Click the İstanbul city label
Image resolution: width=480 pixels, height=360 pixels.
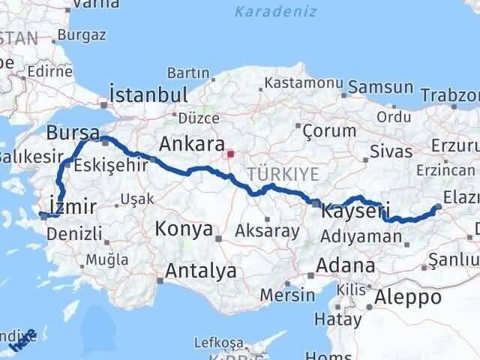pos(148,94)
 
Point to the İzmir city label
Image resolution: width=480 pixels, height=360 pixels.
pos(70,205)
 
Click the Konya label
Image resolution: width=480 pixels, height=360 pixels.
pos(183,229)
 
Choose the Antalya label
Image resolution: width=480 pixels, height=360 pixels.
pos(202,270)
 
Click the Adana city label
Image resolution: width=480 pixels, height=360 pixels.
pos(346,265)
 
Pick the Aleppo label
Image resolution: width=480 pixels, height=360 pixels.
pos(409,296)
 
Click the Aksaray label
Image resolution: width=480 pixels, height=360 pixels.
pos(267,230)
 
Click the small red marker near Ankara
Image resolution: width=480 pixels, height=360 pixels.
pos(231,155)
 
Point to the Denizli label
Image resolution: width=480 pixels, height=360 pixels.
pos(74,233)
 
